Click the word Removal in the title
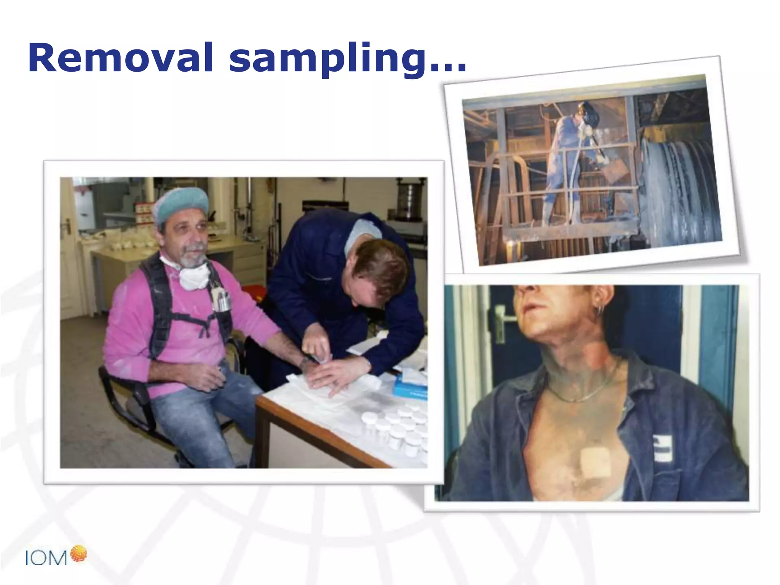click(x=120, y=58)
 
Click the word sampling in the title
click(x=328, y=59)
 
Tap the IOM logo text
click(x=46, y=558)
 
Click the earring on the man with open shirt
click(x=601, y=311)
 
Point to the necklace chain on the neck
click(x=587, y=392)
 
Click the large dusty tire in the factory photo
click(x=682, y=190)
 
